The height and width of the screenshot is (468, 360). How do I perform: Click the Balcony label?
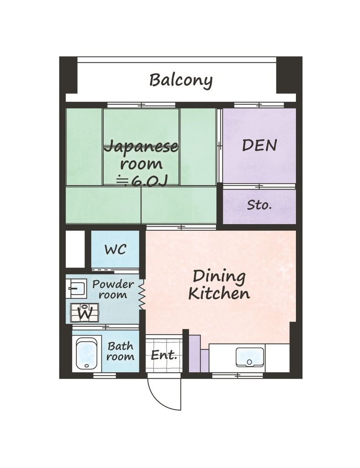(181, 80)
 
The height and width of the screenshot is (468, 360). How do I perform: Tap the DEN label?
(259, 145)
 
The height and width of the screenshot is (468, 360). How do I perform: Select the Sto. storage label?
(259, 205)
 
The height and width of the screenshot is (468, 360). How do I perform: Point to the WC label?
(115, 250)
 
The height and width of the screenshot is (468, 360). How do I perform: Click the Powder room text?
(113, 289)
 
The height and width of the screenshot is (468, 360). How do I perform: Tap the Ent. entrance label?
(164, 355)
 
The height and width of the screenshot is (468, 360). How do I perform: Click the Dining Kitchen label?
(219, 285)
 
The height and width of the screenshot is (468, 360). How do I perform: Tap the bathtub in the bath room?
(86, 354)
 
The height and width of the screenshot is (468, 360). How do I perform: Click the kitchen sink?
(249, 356)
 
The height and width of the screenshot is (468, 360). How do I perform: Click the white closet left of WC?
(75, 249)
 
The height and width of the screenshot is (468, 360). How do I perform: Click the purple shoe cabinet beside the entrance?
(199, 355)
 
